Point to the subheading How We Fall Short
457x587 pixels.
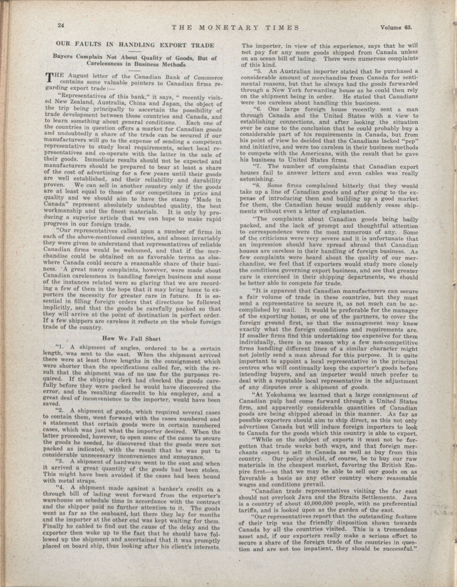click(132, 339)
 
